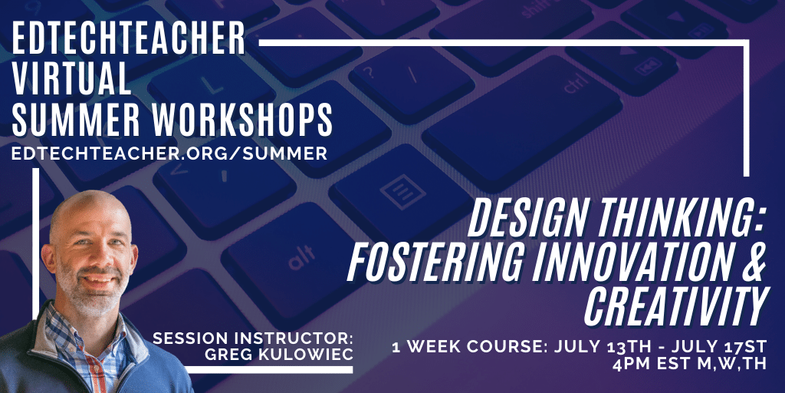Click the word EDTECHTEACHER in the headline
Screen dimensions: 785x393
129,38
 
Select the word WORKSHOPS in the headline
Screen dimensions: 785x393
243,121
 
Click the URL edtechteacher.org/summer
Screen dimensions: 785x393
169,154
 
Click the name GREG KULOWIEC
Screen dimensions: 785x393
279,353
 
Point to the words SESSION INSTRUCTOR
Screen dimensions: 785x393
253,338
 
